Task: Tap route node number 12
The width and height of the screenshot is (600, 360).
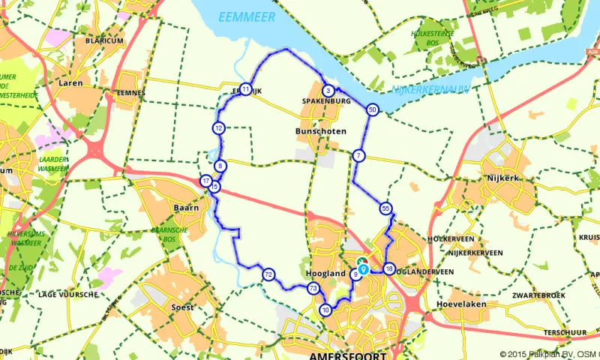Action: pos(217,128)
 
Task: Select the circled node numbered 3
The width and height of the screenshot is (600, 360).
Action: pos(328,91)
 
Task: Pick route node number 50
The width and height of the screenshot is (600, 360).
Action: pos(373,110)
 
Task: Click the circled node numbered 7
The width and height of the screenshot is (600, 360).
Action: pos(358,155)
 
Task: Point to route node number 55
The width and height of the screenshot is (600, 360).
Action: pos(385,208)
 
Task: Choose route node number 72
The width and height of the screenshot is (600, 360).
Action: pos(268,275)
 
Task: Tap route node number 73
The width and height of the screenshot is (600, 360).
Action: pos(313,289)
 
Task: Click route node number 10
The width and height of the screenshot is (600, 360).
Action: pos(325,310)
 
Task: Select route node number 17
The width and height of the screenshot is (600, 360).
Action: pos(205,181)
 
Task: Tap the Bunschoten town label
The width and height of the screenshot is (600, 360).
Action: pos(321,131)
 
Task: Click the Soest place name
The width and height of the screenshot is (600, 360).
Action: pos(182,307)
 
